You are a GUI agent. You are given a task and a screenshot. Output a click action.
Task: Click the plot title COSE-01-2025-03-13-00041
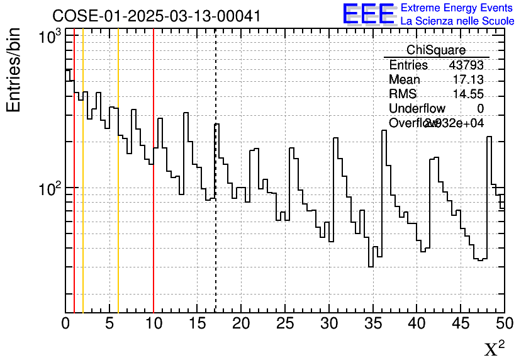[x=156, y=16]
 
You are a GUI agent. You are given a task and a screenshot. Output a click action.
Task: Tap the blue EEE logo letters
[x=369, y=14]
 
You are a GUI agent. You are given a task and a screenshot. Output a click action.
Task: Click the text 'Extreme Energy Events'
[x=457, y=8]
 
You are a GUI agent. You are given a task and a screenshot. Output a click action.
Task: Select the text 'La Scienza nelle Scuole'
[x=457, y=21]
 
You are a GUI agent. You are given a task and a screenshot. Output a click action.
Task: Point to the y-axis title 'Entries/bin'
[x=14, y=70]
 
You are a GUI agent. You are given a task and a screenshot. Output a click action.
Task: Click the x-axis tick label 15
[x=198, y=323]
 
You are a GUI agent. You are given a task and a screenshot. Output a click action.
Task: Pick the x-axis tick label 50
[x=504, y=323]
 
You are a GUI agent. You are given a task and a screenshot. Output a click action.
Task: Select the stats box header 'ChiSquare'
[x=436, y=50]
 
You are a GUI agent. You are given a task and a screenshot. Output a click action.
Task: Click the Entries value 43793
[x=466, y=65]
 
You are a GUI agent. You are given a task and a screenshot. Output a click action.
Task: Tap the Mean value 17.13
[x=468, y=80]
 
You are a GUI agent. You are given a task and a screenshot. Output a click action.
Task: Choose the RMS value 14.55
[x=468, y=94]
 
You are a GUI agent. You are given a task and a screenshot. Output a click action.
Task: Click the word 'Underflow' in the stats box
[x=417, y=109]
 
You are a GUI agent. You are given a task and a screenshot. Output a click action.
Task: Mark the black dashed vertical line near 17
[x=216, y=252]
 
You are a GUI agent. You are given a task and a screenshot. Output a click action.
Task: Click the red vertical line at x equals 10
[x=154, y=252]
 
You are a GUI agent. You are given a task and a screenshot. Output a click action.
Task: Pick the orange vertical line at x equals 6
[x=118, y=252]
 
